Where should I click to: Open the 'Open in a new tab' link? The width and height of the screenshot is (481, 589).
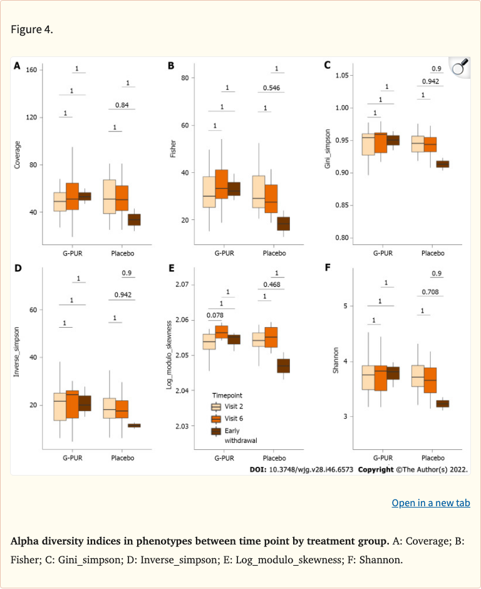(430, 503)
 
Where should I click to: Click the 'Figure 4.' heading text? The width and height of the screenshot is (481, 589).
(32, 29)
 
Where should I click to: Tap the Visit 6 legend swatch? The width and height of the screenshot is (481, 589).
(215, 419)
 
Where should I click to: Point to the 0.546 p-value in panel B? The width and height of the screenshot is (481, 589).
(271, 88)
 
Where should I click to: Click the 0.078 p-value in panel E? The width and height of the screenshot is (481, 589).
(215, 315)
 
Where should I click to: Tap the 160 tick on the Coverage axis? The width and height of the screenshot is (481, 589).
(29, 70)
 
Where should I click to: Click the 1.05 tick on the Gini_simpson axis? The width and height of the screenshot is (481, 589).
(341, 75)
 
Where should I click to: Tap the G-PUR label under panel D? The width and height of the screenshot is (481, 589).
(74, 458)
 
